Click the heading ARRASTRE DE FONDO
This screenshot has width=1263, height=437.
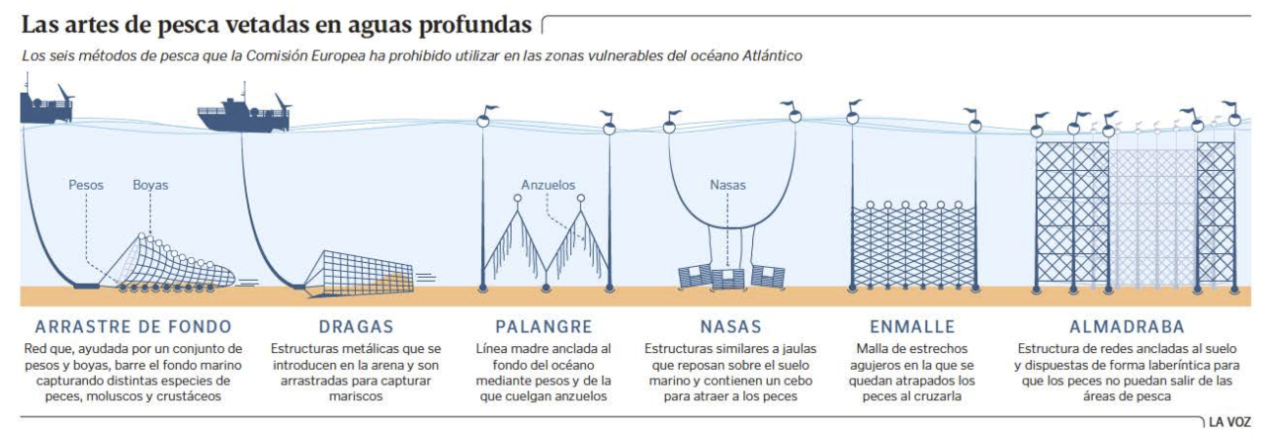point(132,326)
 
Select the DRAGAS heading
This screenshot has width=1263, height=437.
point(357,326)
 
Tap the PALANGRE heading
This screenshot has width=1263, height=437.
point(544,326)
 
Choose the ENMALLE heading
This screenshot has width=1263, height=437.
point(912,326)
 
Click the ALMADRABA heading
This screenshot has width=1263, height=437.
point(1127,326)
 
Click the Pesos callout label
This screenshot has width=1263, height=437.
point(86,185)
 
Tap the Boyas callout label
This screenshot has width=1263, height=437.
point(150,185)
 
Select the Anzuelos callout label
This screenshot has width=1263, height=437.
point(547,185)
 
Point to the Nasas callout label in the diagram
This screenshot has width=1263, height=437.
point(727,185)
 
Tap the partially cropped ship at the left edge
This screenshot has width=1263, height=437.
point(44,104)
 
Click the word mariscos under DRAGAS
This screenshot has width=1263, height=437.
point(357,396)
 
